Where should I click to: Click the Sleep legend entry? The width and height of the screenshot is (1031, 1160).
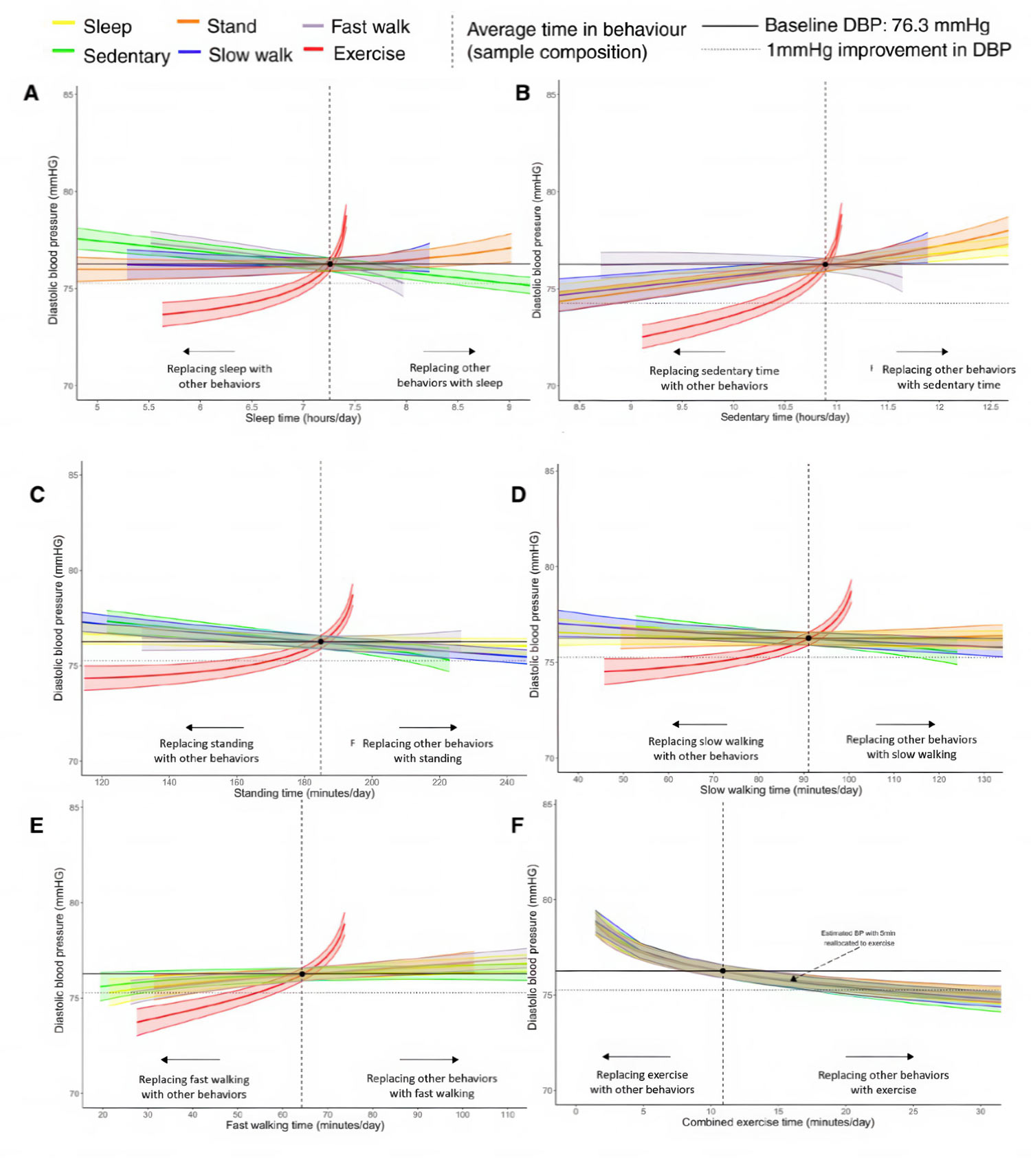pyautogui.click(x=107, y=27)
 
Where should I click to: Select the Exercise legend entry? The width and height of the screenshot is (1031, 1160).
pyautogui.click(x=368, y=54)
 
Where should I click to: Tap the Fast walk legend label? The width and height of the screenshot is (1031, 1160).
pyautogui.click(x=370, y=27)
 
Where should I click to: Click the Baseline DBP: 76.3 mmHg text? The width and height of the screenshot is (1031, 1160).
pyautogui.click(x=877, y=25)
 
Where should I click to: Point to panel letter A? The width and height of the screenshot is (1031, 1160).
pyautogui.click(x=31, y=93)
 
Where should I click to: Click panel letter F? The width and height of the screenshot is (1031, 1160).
pyautogui.click(x=518, y=825)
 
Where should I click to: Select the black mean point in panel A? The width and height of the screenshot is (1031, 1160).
pyautogui.click(x=330, y=264)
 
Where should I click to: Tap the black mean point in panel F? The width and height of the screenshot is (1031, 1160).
pyautogui.click(x=722, y=971)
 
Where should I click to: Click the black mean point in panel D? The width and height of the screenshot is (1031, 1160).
pyautogui.click(x=808, y=638)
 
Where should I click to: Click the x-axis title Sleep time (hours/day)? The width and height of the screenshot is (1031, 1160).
pyautogui.click(x=303, y=418)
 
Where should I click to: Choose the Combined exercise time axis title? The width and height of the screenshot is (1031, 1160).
pyautogui.click(x=778, y=1122)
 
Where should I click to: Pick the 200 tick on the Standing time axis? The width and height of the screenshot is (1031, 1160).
pyautogui.click(x=372, y=782)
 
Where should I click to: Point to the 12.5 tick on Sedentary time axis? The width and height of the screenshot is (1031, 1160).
pyautogui.click(x=990, y=407)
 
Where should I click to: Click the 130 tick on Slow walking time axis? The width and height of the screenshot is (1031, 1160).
pyautogui.click(x=984, y=779)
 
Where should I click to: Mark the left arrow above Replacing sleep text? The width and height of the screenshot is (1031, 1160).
pyautogui.click(x=209, y=351)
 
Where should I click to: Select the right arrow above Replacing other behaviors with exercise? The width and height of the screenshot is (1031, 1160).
pyautogui.click(x=880, y=1056)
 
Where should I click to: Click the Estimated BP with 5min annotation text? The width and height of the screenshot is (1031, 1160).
pyautogui.click(x=858, y=938)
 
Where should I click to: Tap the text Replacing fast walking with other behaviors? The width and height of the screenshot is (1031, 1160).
pyautogui.click(x=194, y=1087)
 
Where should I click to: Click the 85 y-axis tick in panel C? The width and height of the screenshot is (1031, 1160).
pyautogui.click(x=74, y=475)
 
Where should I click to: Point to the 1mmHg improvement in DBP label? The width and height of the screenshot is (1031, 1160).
pyautogui.click(x=889, y=50)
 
